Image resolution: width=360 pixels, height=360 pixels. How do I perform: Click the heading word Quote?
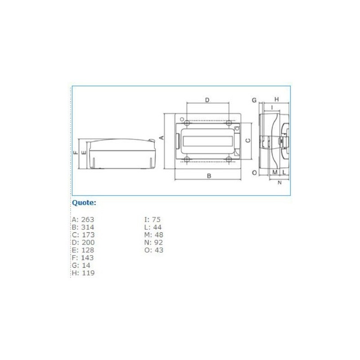tap(84, 203)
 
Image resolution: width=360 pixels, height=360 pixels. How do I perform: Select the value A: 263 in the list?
tap(83, 220)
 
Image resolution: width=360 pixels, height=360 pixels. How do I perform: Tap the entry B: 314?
tap(83, 227)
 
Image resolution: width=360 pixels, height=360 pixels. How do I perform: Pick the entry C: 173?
tap(83, 235)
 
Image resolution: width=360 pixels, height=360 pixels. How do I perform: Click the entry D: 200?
tap(83, 243)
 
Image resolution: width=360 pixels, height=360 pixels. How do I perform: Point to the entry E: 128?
tap(83, 250)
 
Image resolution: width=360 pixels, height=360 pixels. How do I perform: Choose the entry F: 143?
tap(83, 258)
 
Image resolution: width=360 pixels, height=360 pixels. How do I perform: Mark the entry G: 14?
tap(81, 265)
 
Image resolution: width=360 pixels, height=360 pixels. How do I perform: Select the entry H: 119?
tap(83, 273)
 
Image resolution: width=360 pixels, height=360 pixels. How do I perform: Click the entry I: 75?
tap(152, 220)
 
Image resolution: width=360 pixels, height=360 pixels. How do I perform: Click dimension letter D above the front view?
tap(207, 100)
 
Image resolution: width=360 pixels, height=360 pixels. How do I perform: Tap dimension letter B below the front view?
tap(209, 176)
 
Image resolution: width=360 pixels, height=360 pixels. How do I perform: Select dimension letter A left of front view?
tap(160, 137)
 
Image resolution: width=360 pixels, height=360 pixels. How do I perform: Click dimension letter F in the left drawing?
tap(76, 153)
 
